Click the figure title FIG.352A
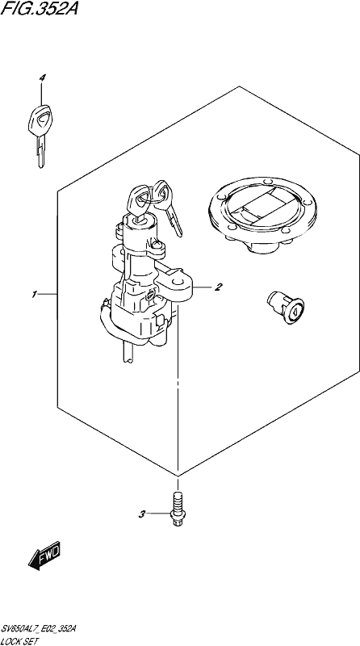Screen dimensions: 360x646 pyautogui.click(x=39, y=7)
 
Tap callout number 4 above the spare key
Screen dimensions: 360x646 pyautogui.click(x=42, y=78)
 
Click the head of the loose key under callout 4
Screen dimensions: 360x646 pyautogui.click(x=40, y=120)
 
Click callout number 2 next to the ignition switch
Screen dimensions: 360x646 pyautogui.click(x=218, y=287)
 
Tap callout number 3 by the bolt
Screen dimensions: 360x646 pyautogui.click(x=142, y=514)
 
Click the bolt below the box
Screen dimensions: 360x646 pyautogui.click(x=178, y=510)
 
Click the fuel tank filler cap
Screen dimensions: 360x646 pyautogui.click(x=262, y=214)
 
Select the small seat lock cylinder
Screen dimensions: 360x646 pyautogui.click(x=286, y=307)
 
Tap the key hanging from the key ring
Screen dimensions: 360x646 pyautogui.click(x=168, y=206)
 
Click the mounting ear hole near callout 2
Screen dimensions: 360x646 pyautogui.click(x=178, y=281)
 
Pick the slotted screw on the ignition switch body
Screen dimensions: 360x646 pyautogui.click(x=151, y=294)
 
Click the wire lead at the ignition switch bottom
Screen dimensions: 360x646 pyautogui.click(x=128, y=351)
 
